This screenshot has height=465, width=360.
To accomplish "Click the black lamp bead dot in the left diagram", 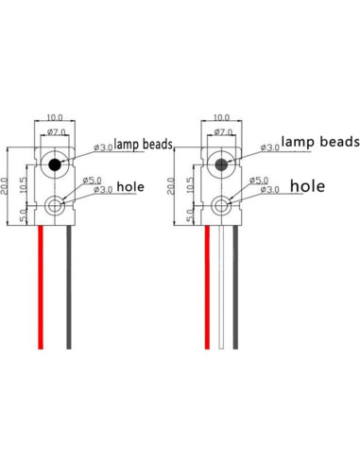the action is click(56, 165).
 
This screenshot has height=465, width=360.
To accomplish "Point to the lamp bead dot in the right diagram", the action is click(222, 164).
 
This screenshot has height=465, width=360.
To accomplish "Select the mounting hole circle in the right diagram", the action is click(222, 204).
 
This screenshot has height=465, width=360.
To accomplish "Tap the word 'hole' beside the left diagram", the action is click(132, 188).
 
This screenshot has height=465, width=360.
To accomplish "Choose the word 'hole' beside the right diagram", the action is click(308, 186).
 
